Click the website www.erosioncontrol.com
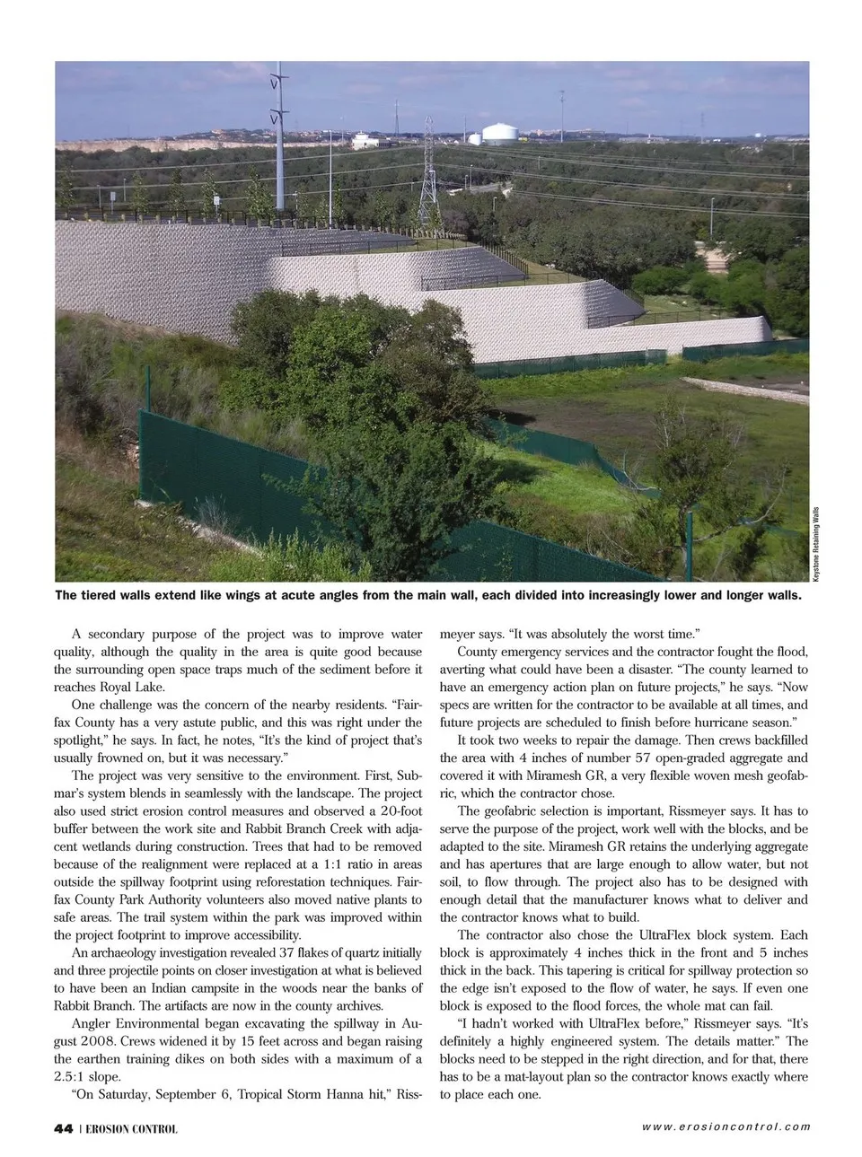coord(726,1127)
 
